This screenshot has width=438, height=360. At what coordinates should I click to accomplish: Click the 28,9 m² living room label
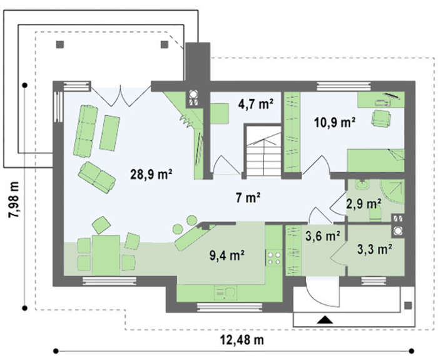pyautogui.click(x=151, y=175)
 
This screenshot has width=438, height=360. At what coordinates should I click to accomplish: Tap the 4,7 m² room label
pyautogui.click(x=255, y=104)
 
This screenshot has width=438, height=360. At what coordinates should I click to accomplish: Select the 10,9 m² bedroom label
pyautogui.click(x=335, y=122)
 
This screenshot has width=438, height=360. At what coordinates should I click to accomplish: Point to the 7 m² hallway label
pyautogui.click(x=248, y=198)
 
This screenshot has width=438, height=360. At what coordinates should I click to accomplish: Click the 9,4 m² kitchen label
pyautogui.click(x=227, y=255)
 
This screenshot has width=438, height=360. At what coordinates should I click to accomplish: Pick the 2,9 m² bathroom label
pyautogui.click(x=364, y=203)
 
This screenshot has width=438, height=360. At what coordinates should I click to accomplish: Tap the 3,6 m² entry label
pyautogui.click(x=323, y=236)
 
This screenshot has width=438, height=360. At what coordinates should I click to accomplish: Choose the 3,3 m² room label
pyautogui.click(x=374, y=249)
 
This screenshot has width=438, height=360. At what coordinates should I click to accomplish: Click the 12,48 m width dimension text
pyautogui.click(x=242, y=340)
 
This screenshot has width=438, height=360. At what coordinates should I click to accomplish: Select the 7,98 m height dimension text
pyautogui.click(x=13, y=200)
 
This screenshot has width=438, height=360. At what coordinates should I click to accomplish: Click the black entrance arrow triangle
pyautogui.click(x=325, y=319)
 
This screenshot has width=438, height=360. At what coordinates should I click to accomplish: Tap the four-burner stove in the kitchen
pyautogui.click(x=274, y=258)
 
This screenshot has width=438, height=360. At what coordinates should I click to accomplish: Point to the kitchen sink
pyautogui.click(x=225, y=293)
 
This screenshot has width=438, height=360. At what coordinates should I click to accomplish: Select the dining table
pyautogui.click(x=106, y=255)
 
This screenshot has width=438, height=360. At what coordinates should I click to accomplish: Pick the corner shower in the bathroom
pyautogui.click(x=392, y=192)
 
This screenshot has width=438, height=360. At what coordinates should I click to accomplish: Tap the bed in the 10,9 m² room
pyautogui.click(x=375, y=160)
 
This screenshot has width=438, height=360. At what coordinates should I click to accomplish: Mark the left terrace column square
pyautogui.click(x=60, y=44)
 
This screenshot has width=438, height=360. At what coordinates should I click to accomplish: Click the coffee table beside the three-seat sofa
pyautogui.click(x=109, y=133)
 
